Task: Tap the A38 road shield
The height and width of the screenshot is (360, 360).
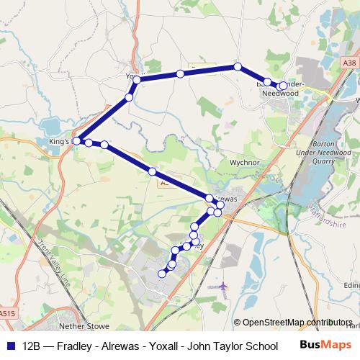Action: [x=348, y=63]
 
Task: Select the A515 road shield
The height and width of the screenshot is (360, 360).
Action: [x=8, y=313]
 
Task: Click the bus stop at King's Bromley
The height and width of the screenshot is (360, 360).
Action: [x=77, y=141]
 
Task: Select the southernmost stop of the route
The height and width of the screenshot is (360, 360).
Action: [x=161, y=273]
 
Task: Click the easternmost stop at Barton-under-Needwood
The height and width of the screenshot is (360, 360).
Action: [x=283, y=86]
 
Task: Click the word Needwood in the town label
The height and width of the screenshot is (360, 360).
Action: [x=281, y=94]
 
